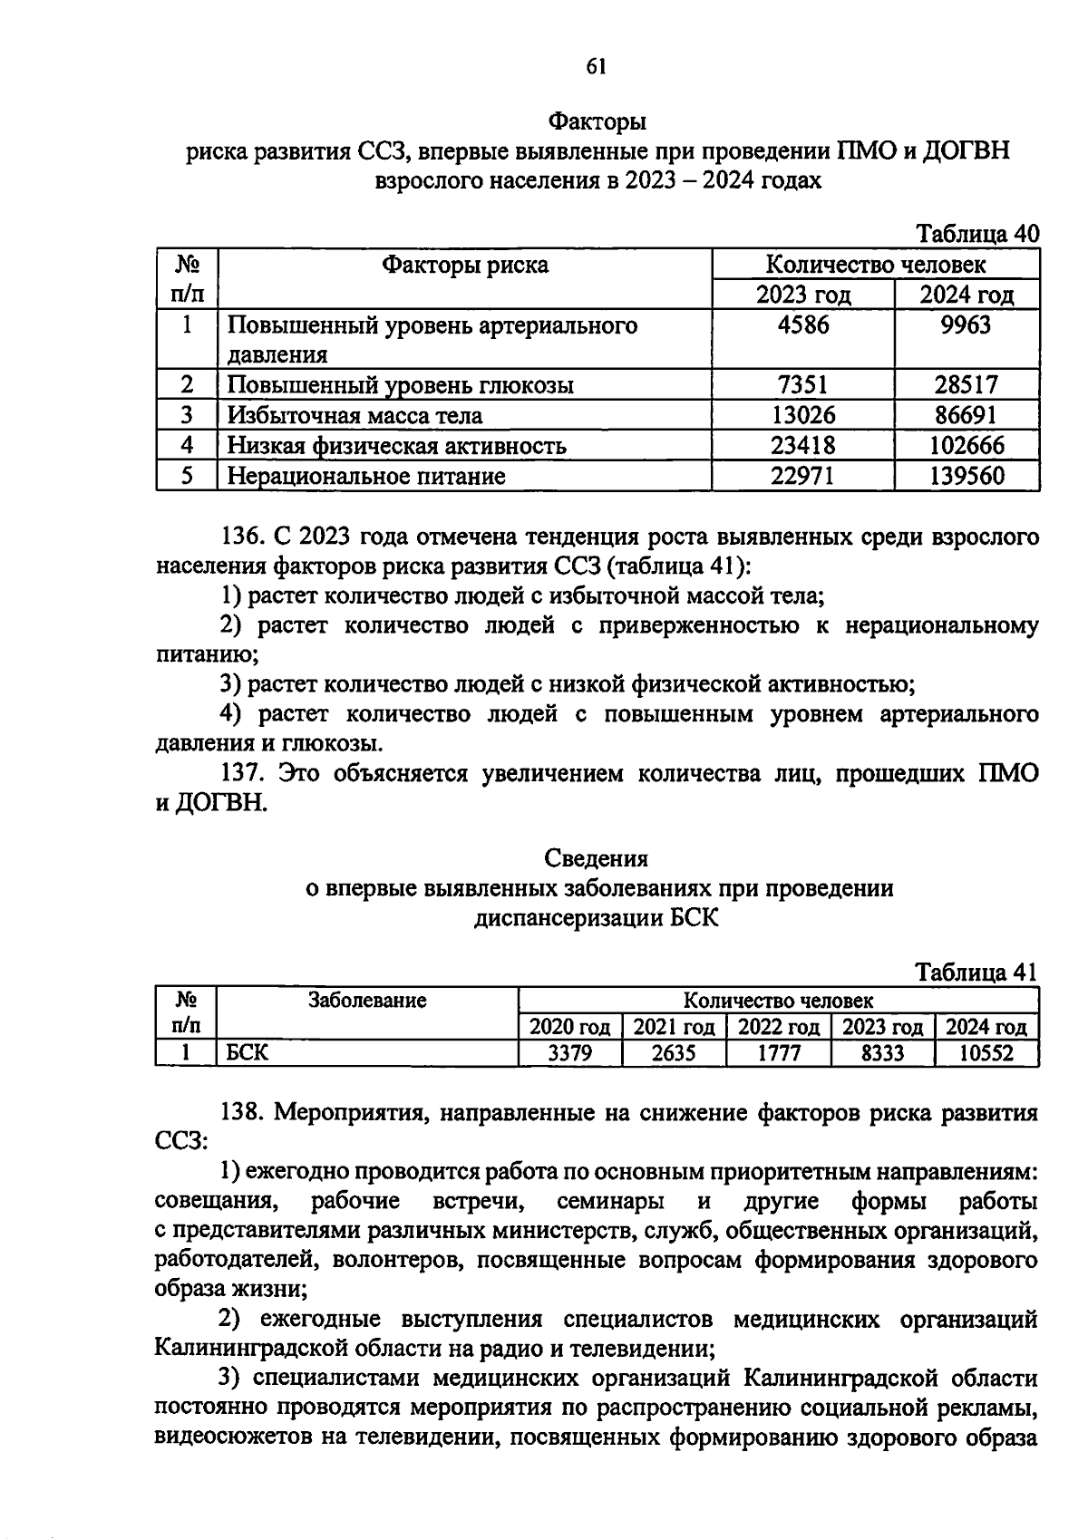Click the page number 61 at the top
596,66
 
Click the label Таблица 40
977,234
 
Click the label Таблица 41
976,973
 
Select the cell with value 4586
802,325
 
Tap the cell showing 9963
966,325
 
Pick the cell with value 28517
966,385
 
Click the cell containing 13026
802,415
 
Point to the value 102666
966,446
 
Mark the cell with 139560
966,476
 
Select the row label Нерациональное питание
365,476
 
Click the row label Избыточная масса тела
355,415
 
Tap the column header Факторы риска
464,265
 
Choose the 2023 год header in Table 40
803,295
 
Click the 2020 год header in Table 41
569,1027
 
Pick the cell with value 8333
882,1053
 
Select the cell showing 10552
986,1053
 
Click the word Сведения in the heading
596,857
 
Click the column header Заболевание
367,1001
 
